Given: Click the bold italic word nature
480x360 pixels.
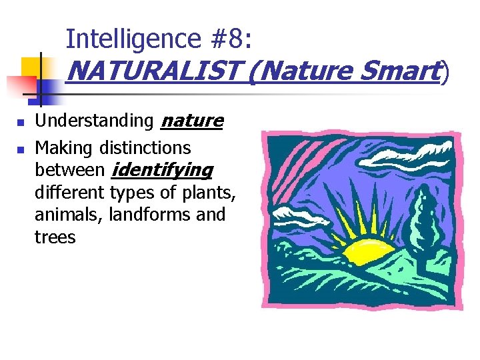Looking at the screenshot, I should click(192, 121).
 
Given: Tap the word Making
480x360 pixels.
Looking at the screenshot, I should click(64, 147).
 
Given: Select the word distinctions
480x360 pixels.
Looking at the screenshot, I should click(145, 147).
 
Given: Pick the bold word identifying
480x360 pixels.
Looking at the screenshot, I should click(162, 170).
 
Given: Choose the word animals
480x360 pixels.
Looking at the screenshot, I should click(64, 215).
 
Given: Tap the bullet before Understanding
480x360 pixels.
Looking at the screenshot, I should click(21, 123).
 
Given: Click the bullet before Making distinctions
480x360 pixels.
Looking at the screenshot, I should click(21, 149).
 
